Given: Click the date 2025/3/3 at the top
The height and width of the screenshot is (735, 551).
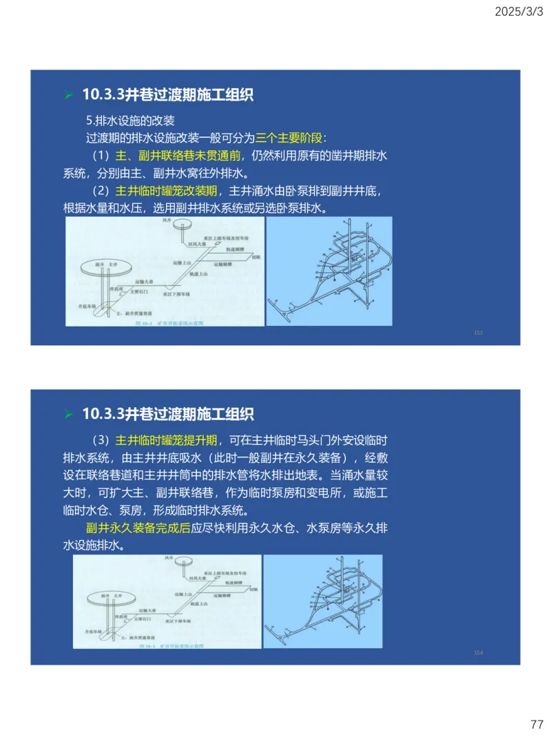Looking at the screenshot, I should [521, 12].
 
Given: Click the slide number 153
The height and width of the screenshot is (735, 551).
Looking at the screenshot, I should [478, 333].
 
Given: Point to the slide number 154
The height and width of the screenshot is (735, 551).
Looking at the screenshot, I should [478, 652].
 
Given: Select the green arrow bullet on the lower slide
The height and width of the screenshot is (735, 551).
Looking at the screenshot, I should [68, 415].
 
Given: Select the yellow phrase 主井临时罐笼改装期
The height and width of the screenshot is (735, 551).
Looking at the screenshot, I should [166, 191].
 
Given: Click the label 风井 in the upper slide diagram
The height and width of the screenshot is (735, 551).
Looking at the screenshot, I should [166, 220].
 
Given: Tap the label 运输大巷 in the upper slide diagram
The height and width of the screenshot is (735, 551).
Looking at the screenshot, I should [145, 282].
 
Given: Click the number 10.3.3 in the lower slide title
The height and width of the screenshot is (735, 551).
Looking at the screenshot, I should [103, 414].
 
